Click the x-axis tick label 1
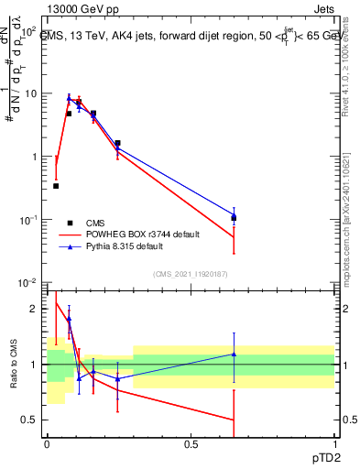333,443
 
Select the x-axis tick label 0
47,443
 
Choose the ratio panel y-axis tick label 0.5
32,420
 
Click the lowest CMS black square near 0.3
56,186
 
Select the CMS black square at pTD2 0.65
234,218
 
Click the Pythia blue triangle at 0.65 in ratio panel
234,354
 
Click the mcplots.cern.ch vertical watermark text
350,229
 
